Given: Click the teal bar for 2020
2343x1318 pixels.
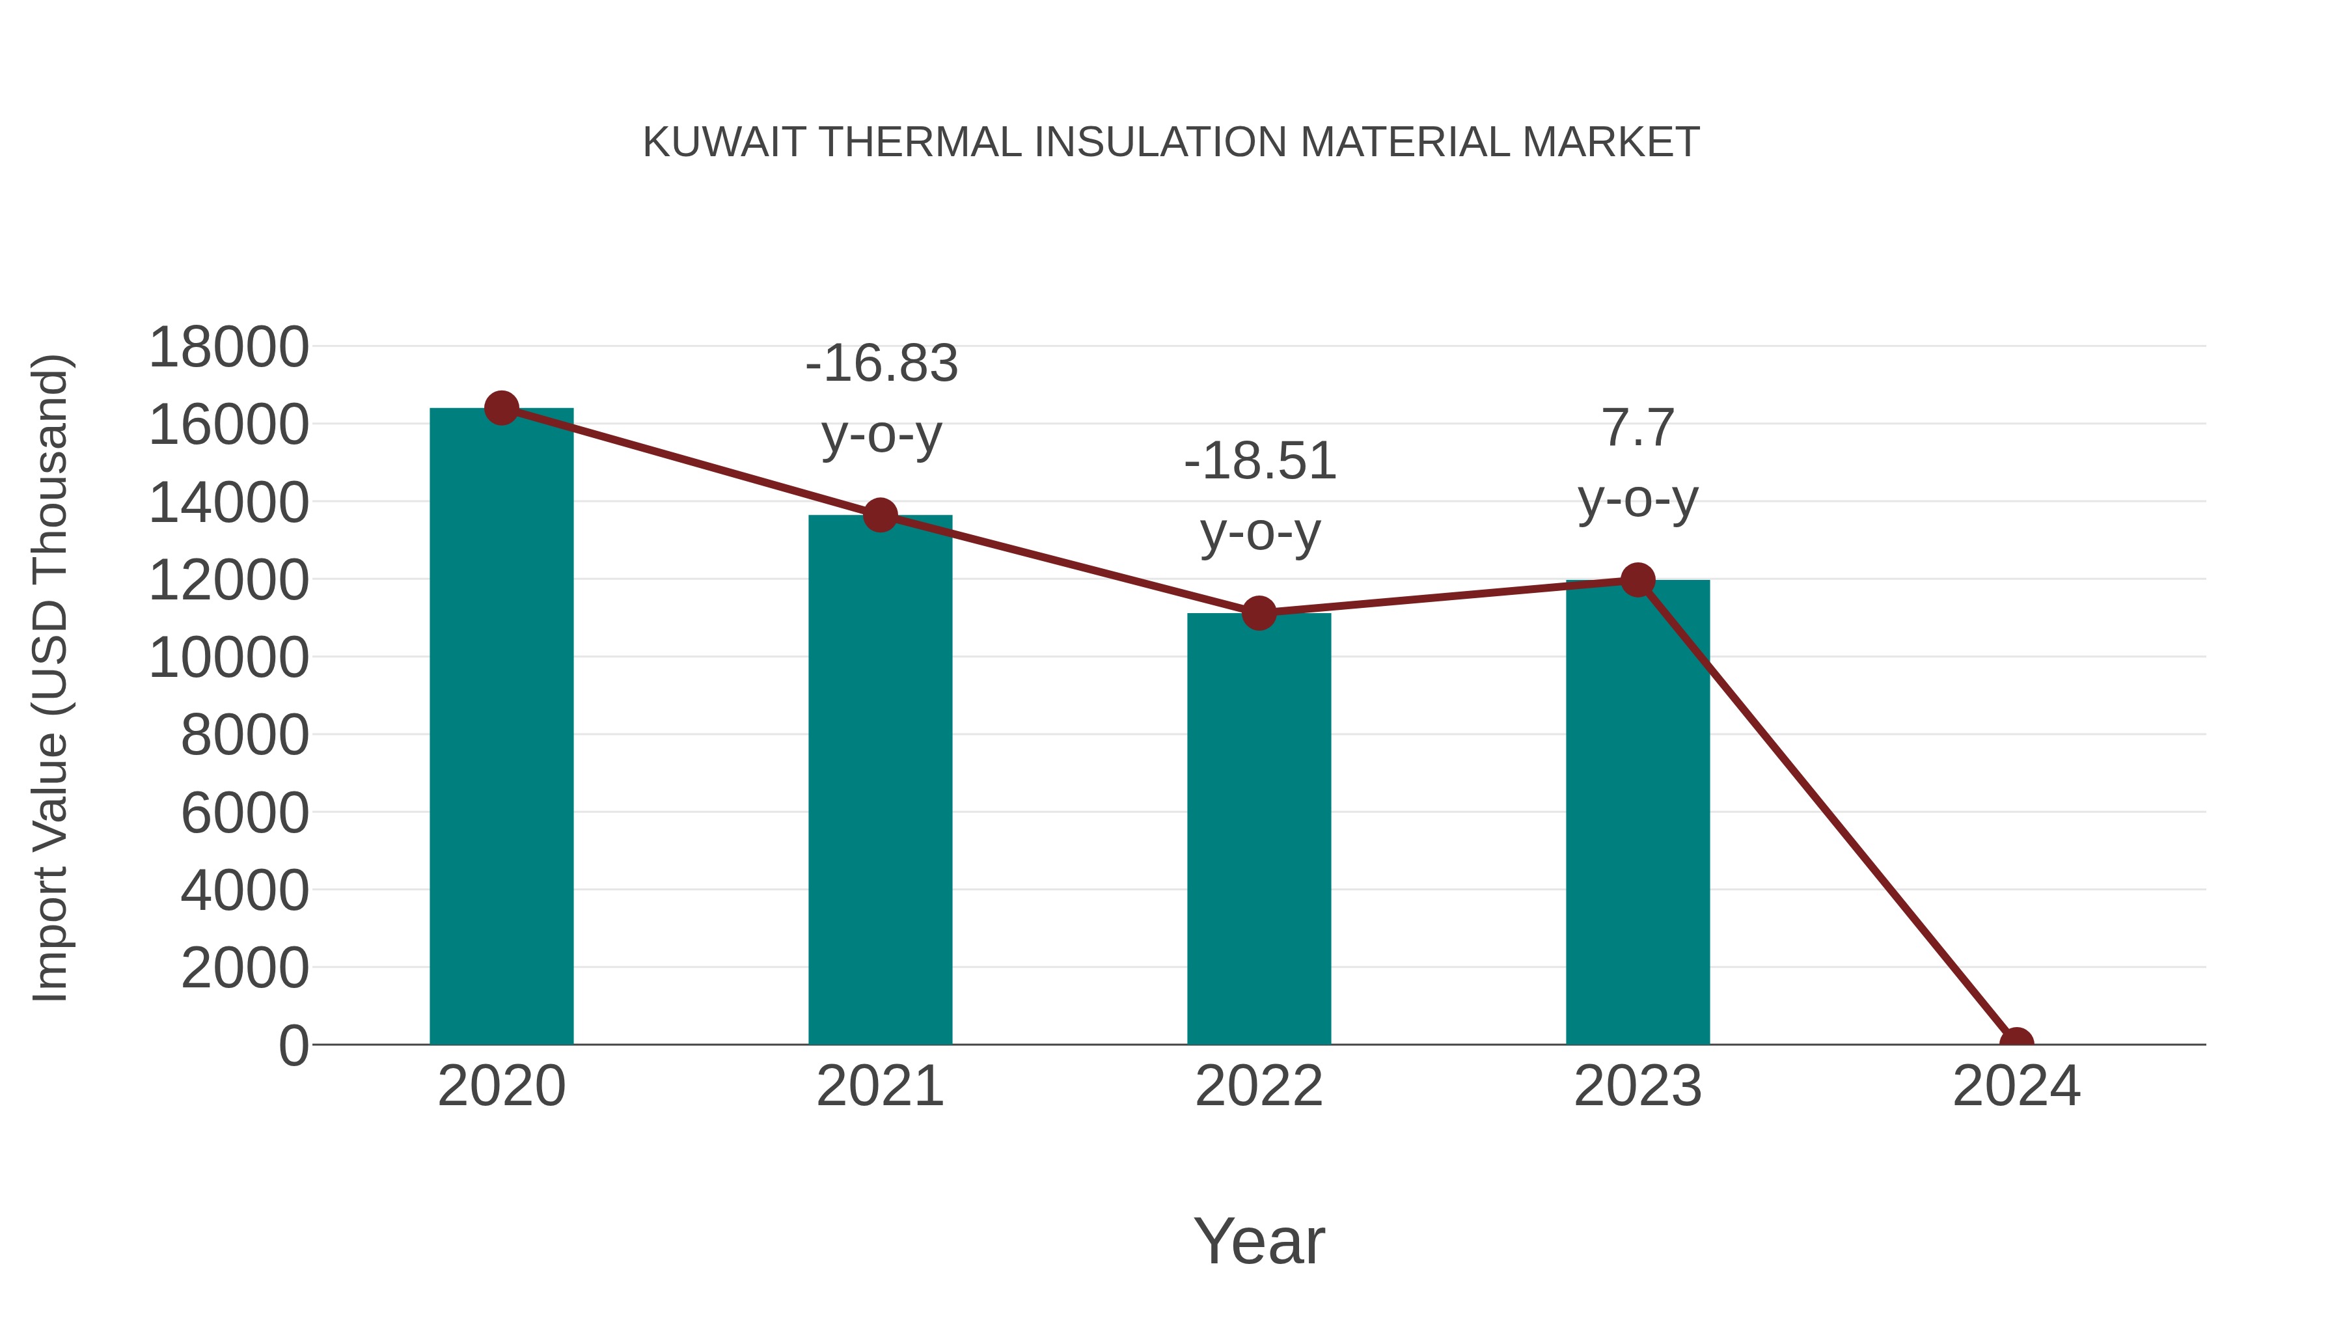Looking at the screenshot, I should [x=501, y=728].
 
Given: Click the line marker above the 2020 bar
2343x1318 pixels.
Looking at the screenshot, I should [x=501, y=408].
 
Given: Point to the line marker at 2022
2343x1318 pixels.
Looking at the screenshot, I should [x=1259, y=614].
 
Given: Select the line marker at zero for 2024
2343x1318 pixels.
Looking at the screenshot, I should [x=2016, y=1043].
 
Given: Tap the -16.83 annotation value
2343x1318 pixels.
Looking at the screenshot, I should [x=881, y=364].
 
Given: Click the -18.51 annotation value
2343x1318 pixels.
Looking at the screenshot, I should [x=1260, y=461].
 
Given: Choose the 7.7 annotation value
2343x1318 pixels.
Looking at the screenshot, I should [x=1637, y=428].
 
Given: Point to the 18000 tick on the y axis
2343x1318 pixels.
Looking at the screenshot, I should [x=228, y=348].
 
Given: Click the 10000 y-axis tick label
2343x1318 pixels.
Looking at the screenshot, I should [x=228, y=657].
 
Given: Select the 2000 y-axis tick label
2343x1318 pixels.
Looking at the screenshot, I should [x=245, y=968].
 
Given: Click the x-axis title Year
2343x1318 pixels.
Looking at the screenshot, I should [x=1259, y=1241].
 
